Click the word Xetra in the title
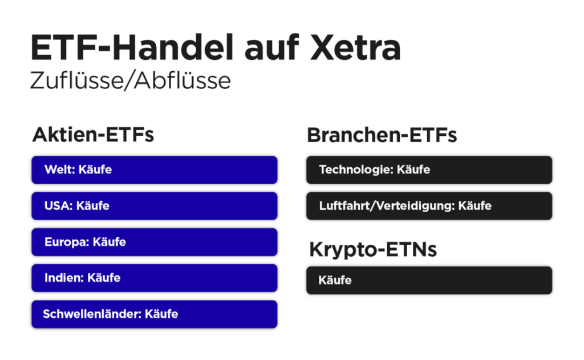pos(355,47)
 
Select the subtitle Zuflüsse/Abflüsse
pos(131,80)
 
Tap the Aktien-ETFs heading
pos(93,135)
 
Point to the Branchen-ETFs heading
pos(382,135)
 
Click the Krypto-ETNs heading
pos(373,249)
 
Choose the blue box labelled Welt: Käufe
pos(155,170)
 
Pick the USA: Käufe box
pos(155,206)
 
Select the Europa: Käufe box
pos(155,242)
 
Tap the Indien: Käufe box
pos(155,278)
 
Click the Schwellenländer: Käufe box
pos(155,314)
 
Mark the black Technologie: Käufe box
pos(429,170)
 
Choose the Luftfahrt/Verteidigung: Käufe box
pos(429,206)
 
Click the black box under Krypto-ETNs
pos(429,280)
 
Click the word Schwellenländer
pos(91,314)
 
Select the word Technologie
pos(355,170)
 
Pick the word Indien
pos(63,278)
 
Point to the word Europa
pos(66,242)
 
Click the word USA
pos(58,206)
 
